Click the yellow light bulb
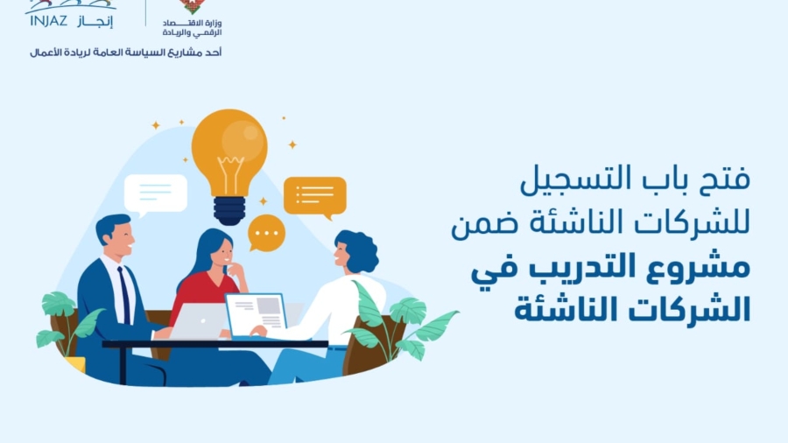tap(229, 151)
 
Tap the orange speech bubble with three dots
tap(266, 234)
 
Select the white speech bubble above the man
tap(156, 192)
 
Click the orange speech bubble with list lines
tap(314, 195)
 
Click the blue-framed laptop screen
tap(256, 313)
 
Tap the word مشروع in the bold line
tap(700, 266)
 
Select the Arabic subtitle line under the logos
tap(125, 53)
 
